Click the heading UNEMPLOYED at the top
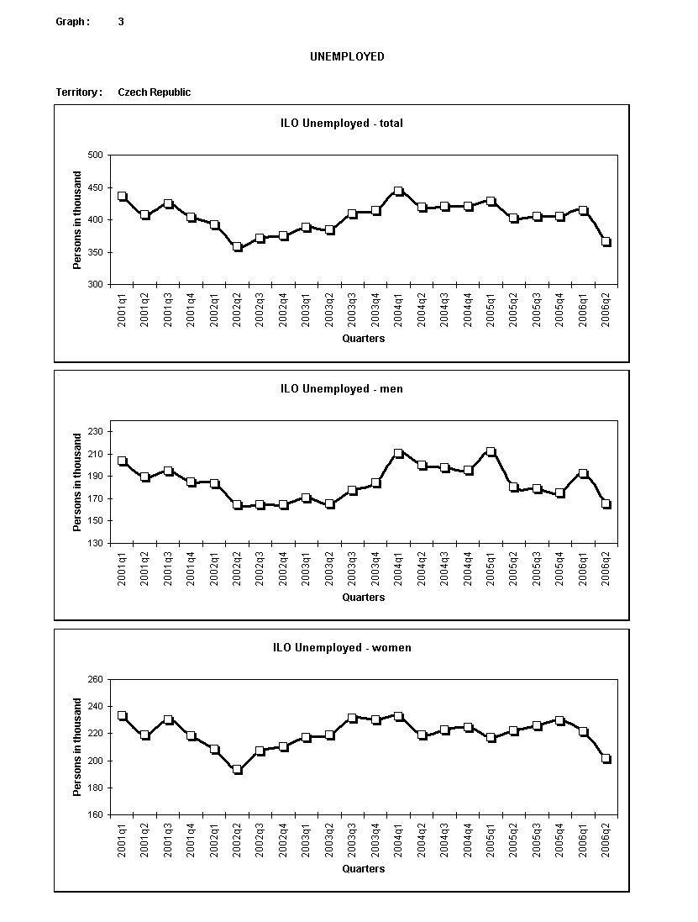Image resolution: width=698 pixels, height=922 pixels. click(347, 57)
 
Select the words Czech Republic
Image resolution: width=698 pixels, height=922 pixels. click(154, 92)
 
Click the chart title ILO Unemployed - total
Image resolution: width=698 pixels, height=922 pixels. click(341, 124)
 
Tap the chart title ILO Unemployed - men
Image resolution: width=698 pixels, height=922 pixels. click(341, 389)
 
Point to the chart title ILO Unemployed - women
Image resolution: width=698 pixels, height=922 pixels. click(341, 648)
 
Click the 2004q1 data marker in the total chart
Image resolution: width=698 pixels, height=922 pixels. click(399, 192)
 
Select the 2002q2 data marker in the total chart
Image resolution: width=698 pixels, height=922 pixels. click(238, 247)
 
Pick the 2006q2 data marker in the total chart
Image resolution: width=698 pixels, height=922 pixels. click(606, 242)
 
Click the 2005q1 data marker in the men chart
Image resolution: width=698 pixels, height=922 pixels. click(491, 452)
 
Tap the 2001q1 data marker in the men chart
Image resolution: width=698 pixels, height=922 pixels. click(123, 461)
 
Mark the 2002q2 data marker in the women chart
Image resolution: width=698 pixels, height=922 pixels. click(238, 770)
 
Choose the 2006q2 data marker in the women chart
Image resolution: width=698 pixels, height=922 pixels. click(606, 759)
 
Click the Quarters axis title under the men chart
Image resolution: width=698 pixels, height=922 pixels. click(363, 598)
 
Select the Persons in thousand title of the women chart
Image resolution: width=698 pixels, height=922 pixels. click(77, 746)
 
